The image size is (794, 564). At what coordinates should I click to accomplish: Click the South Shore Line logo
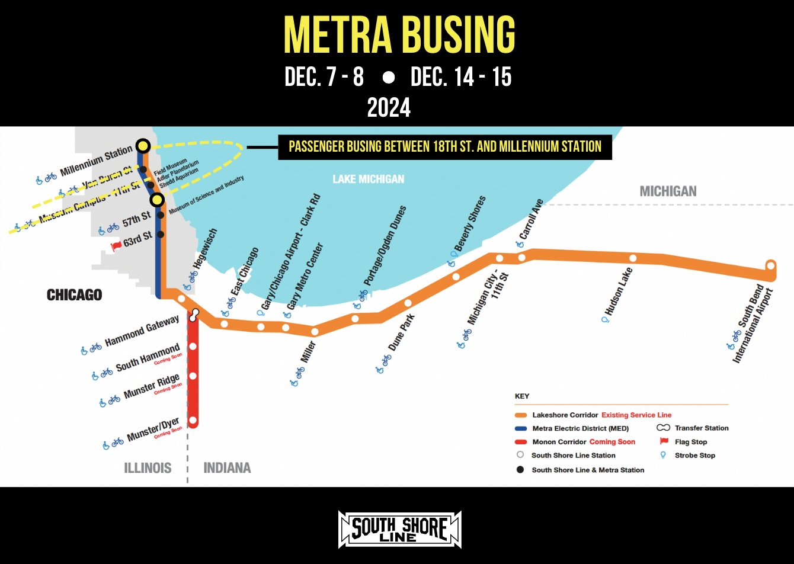coord(399,528)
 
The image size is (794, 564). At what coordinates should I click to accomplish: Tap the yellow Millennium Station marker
coord(143,145)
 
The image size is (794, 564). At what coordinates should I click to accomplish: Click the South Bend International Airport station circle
coord(770,265)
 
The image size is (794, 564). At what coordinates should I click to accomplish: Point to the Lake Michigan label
coord(368,178)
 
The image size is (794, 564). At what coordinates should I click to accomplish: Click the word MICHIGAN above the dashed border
coord(668,191)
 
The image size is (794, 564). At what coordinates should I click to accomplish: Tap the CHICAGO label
coord(75,294)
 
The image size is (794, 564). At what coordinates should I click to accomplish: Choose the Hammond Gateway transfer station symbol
coord(193,315)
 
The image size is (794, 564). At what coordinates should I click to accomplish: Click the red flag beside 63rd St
coord(116,245)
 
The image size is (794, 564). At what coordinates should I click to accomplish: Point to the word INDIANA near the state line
coord(227,468)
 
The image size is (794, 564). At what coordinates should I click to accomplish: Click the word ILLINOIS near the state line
coord(148,468)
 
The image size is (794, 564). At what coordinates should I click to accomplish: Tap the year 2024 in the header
coord(389,108)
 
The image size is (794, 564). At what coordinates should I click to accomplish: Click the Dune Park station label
coord(401,333)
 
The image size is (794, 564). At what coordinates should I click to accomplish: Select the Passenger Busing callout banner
coord(444,146)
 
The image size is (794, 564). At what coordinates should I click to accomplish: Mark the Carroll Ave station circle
coord(521,258)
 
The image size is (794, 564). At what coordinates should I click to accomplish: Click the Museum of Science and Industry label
coord(206,194)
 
